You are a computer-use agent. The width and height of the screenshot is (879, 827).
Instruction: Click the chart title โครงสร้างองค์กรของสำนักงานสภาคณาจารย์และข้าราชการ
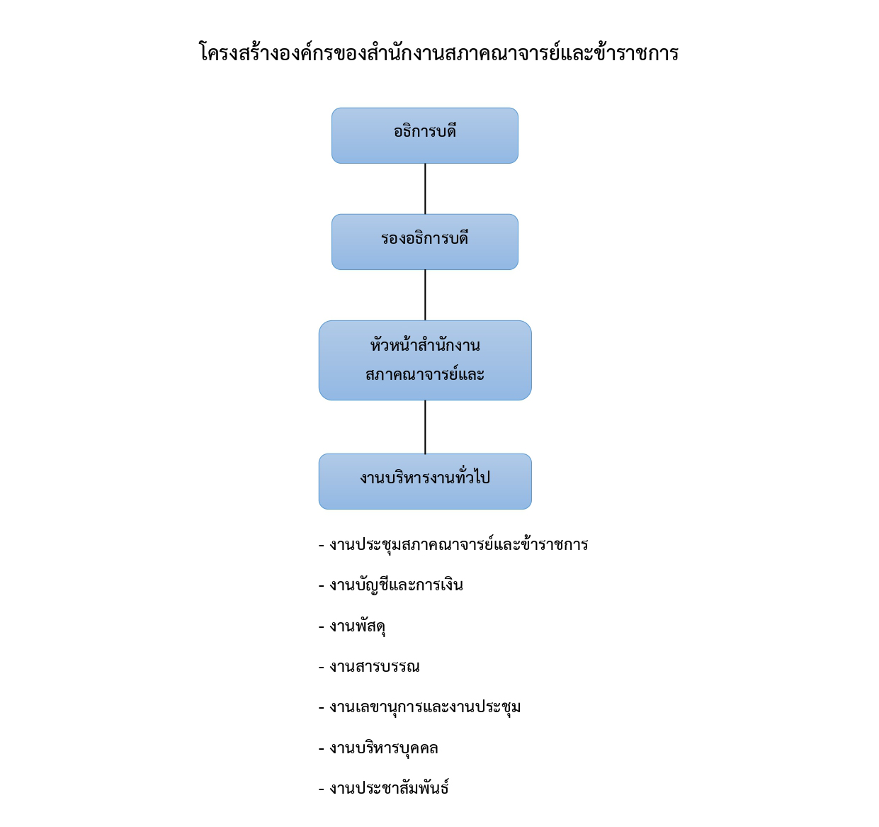point(438,52)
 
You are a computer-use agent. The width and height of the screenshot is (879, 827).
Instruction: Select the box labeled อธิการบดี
point(425,135)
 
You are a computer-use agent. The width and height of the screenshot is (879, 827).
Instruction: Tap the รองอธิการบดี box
point(425,242)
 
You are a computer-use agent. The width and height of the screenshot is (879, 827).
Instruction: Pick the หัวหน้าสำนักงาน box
point(425,360)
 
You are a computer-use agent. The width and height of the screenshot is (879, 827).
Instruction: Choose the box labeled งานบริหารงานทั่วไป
point(425,481)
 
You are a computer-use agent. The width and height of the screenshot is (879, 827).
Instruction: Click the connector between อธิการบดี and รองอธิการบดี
point(426,189)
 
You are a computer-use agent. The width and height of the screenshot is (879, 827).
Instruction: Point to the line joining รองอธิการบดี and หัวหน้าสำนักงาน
point(426,295)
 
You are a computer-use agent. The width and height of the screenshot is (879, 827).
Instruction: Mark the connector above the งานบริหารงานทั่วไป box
point(426,427)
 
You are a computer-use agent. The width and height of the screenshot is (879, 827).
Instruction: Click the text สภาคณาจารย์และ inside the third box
point(425,374)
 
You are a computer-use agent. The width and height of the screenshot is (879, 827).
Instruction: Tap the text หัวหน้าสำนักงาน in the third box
point(425,344)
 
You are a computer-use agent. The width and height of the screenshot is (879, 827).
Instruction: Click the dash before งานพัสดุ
point(322,626)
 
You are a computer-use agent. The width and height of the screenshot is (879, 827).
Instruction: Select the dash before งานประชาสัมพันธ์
point(322,789)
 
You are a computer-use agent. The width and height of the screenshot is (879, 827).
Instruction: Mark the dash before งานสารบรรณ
point(322,667)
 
